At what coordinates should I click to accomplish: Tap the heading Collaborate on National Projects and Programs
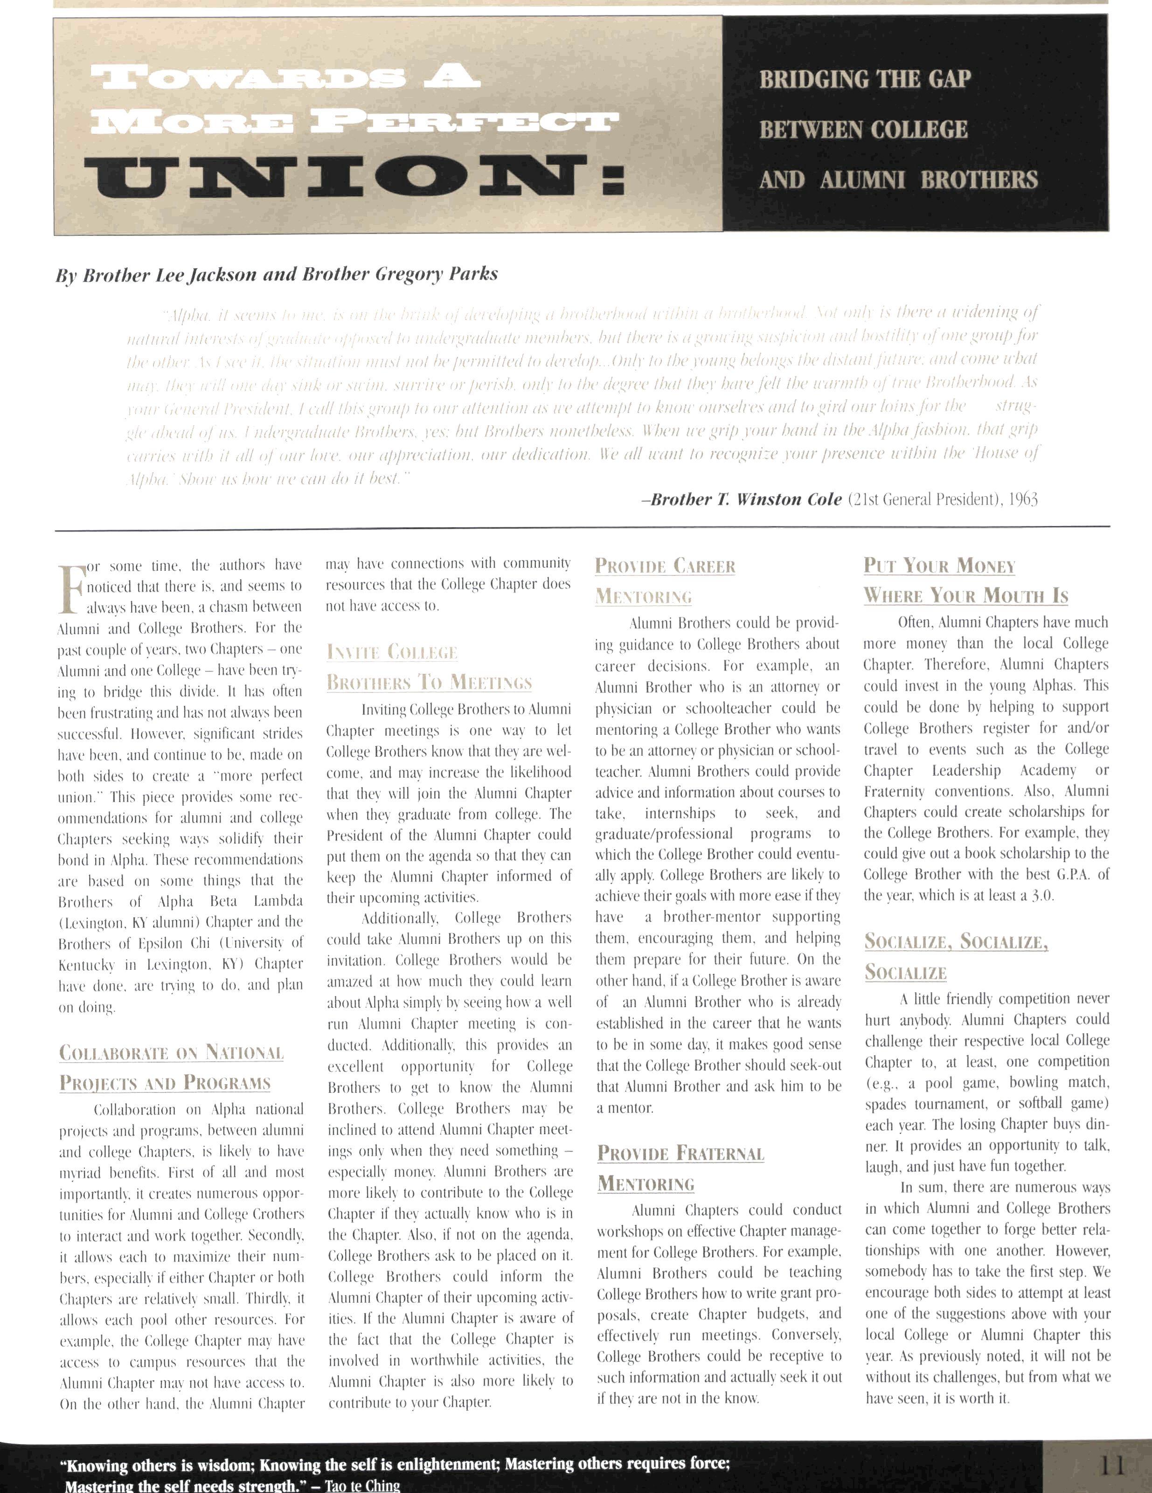tap(171, 1067)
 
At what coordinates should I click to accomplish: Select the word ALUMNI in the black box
tap(863, 180)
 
